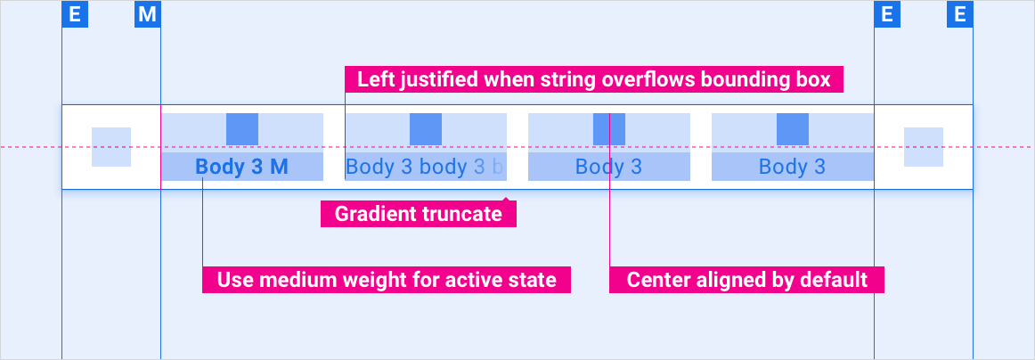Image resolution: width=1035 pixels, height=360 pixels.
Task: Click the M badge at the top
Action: [x=147, y=14]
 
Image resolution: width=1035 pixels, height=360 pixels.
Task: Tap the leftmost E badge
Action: [x=74, y=14]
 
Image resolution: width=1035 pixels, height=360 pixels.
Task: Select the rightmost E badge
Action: [x=959, y=14]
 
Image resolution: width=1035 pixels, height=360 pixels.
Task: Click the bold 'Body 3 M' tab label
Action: [x=241, y=167]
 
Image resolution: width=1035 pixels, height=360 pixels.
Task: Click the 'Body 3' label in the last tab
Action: [x=792, y=167]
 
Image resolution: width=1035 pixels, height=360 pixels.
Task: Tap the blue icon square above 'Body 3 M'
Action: [x=242, y=129]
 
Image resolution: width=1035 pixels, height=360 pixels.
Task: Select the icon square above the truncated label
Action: [x=426, y=129]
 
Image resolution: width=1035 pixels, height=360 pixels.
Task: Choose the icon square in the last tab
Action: [x=793, y=129]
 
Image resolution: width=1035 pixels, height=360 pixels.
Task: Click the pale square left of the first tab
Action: [x=111, y=147]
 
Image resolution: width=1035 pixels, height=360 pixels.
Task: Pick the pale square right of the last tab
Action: [x=924, y=147]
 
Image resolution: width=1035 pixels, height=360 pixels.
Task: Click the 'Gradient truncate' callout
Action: [x=418, y=214]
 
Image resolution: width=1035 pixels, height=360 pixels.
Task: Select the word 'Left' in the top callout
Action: [x=374, y=80]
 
